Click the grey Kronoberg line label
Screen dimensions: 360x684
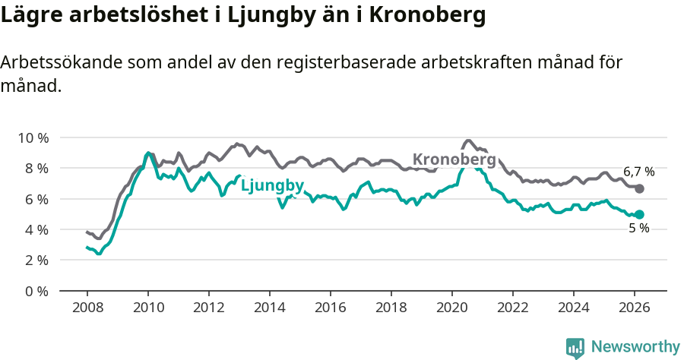tap(454, 160)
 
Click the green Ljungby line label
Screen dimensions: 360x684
tap(272, 186)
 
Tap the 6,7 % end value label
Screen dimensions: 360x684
tap(638, 172)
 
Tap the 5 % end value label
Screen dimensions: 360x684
tap(638, 228)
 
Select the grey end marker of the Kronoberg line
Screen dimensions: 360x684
tap(639, 188)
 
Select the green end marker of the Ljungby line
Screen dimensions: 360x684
tap(639, 215)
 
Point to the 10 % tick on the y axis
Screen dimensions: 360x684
tap(33, 137)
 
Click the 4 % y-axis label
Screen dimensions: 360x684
tap(36, 229)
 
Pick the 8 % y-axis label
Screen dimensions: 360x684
tap(36, 168)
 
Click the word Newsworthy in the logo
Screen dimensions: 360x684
tap(635, 347)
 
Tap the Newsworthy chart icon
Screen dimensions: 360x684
tap(575, 348)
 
